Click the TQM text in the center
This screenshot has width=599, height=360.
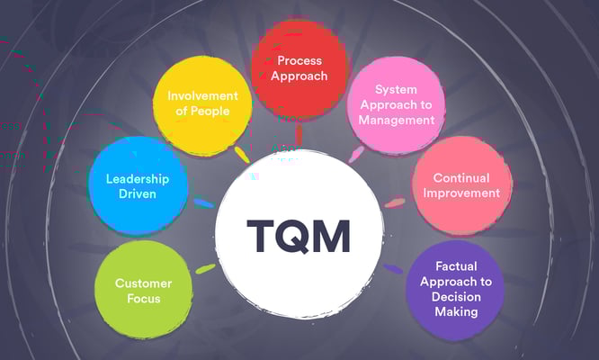click(299, 236)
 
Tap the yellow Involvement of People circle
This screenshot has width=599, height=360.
click(202, 103)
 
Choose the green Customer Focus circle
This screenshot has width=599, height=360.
click(144, 290)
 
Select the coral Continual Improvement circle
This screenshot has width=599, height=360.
click(460, 185)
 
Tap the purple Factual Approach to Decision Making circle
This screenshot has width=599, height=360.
click(455, 290)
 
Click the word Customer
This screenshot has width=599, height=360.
click(144, 283)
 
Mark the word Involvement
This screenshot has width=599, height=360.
click(202, 95)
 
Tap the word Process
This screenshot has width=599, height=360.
click(299, 60)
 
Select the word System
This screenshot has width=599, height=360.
click(396, 91)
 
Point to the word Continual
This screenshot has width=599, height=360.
click(460, 177)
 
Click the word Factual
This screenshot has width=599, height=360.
click(455, 266)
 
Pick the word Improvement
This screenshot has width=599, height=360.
click(460, 193)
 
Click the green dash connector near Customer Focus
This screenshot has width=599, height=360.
click(206, 267)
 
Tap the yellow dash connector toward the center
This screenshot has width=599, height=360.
click(241, 153)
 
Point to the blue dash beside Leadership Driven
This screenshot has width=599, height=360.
click(204, 203)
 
